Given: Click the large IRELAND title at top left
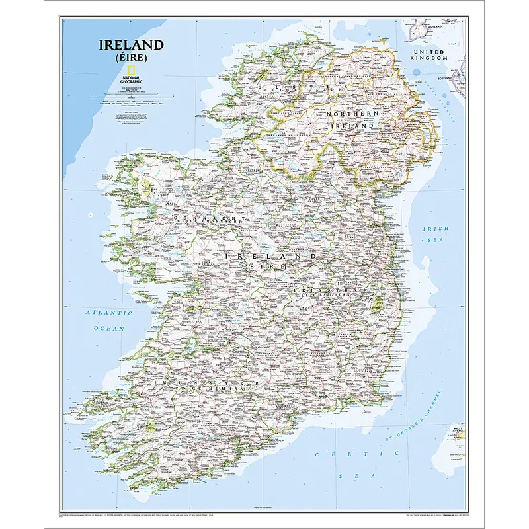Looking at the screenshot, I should coord(131,46).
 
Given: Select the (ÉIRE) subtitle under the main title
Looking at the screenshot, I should coord(131,58).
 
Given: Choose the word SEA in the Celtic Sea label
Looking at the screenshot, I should coord(356,476).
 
